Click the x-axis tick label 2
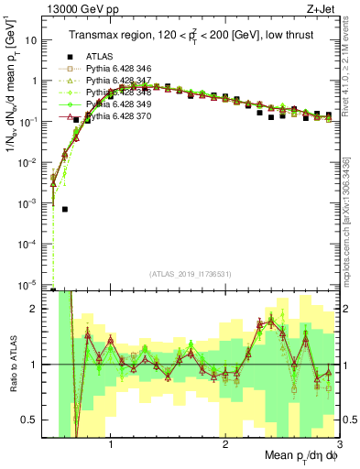pos(225,442)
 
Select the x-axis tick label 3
pos(339,442)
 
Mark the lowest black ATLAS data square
pos(65,209)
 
